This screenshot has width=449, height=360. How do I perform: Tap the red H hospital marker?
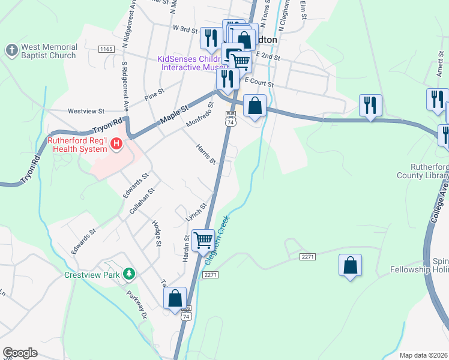coord(117,145)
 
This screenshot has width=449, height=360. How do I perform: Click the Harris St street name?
coord(206,154)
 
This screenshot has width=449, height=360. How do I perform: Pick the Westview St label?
coord(86,111)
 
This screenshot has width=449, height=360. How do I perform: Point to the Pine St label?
coord(154,97)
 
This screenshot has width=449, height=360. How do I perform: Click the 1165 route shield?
coord(106,49)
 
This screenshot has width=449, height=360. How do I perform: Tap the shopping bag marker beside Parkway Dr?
coord(175,298)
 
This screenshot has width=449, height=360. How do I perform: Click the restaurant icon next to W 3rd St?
coord(211,38)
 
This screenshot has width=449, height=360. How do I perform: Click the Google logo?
coord(20,353)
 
